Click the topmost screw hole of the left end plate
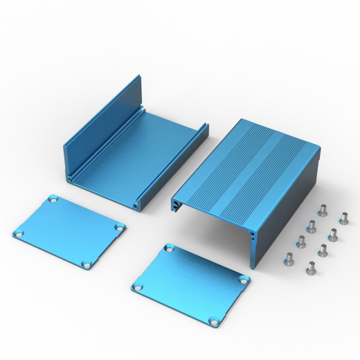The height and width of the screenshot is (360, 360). (x=53, y=199)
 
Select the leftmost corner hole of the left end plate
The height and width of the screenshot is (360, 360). (x=19, y=232)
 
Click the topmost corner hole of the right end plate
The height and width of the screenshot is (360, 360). (x=170, y=247)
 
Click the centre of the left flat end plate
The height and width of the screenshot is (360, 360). (x=69, y=231)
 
